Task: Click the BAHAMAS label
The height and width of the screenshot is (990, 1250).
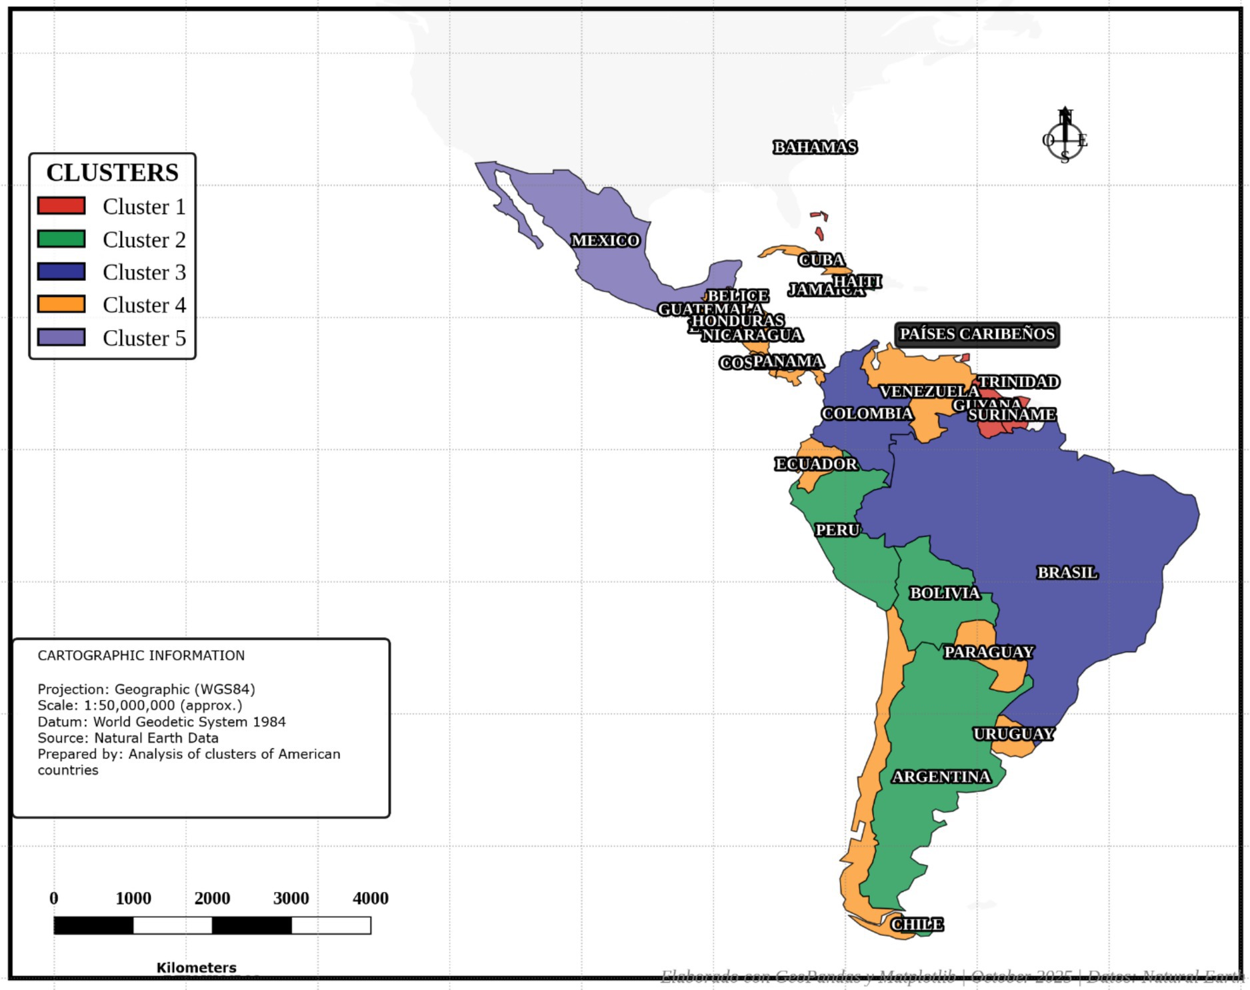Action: click(x=815, y=147)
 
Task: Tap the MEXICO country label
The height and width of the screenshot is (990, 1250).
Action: click(x=605, y=240)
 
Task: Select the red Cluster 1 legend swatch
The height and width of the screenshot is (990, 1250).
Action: click(x=61, y=205)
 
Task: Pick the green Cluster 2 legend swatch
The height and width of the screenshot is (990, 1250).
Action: click(x=61, y=239)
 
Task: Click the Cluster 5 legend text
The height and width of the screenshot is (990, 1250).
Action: click(x=144, y=338)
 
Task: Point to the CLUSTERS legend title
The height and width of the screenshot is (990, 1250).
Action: click(x=112, y=172)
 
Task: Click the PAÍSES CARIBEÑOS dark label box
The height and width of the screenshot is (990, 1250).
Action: click(x=977, y=334)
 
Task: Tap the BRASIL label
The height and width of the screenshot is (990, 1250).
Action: click(x=1067, y=572)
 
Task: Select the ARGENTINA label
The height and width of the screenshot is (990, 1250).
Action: click(x=941, y=777)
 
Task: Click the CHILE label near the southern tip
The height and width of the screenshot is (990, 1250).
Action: click(x=917, y=924)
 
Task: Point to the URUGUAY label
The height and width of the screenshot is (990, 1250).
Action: click(x=1013, y=734)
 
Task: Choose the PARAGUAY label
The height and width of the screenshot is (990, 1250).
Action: click(x=989, y=652)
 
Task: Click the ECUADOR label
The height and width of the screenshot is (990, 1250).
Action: click(x=816, y=464)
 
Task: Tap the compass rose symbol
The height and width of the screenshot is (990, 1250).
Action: click(x=1065, y=140)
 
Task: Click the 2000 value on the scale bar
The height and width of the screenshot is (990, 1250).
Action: click(x=212, y=899)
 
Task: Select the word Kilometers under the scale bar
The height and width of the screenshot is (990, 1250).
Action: click(x=196, y=967)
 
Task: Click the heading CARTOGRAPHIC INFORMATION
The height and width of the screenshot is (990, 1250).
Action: click(x=141, y=655)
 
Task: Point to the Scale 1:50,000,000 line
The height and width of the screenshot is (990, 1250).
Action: click(x=139, y=705)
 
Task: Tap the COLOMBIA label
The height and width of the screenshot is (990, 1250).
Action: click(x=867, y=414)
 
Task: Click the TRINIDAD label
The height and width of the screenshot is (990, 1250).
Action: click(x=1018, y=382)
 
